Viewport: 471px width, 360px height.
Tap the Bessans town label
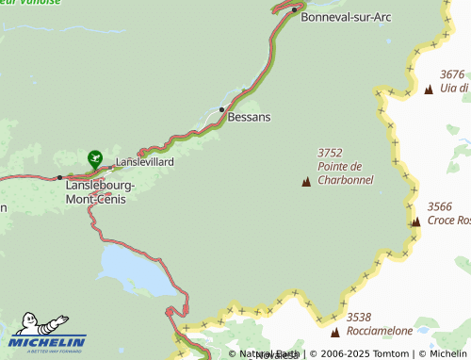(249, 118)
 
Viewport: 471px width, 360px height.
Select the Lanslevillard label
(144, 162)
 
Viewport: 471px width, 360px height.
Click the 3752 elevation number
(330, 153)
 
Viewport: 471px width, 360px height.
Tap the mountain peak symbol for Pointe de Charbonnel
(306, 182)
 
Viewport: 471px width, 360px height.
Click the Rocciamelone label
(380, 331)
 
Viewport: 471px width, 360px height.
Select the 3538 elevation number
(359, 318)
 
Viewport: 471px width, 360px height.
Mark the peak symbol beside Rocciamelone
(334, 332)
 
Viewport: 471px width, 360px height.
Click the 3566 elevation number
(440, 206)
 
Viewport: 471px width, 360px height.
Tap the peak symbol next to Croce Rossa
(415, 221)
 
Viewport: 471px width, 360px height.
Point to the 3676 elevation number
(452, 74)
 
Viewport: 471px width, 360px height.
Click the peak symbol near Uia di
(429, 90)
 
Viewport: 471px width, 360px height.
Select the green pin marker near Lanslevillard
(94, 158)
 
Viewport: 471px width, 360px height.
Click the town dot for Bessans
(221, 109)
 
